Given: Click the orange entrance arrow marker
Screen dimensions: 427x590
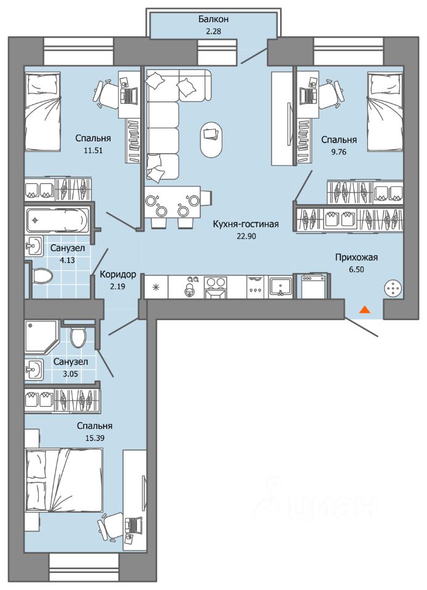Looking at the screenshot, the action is click(x=364, y=310).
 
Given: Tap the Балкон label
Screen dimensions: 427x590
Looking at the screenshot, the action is click(x=214, y=19).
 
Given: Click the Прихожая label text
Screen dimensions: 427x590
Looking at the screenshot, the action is click(x=356, y=258).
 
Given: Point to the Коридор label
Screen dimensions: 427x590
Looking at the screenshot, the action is click(x=118, y=275).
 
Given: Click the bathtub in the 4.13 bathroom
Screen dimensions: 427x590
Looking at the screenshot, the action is click(x=57, y=220).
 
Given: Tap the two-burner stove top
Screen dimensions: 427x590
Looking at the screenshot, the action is click(x=215, y=288).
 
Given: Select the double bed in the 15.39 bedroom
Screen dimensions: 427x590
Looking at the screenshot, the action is click(x=64, y=480).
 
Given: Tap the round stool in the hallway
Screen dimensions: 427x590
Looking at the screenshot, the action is click(x=393, y=289).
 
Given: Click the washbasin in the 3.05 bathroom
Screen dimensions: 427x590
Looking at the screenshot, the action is click(x=34, y=369).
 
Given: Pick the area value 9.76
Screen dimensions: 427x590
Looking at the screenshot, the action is click(x=339, y=152).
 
